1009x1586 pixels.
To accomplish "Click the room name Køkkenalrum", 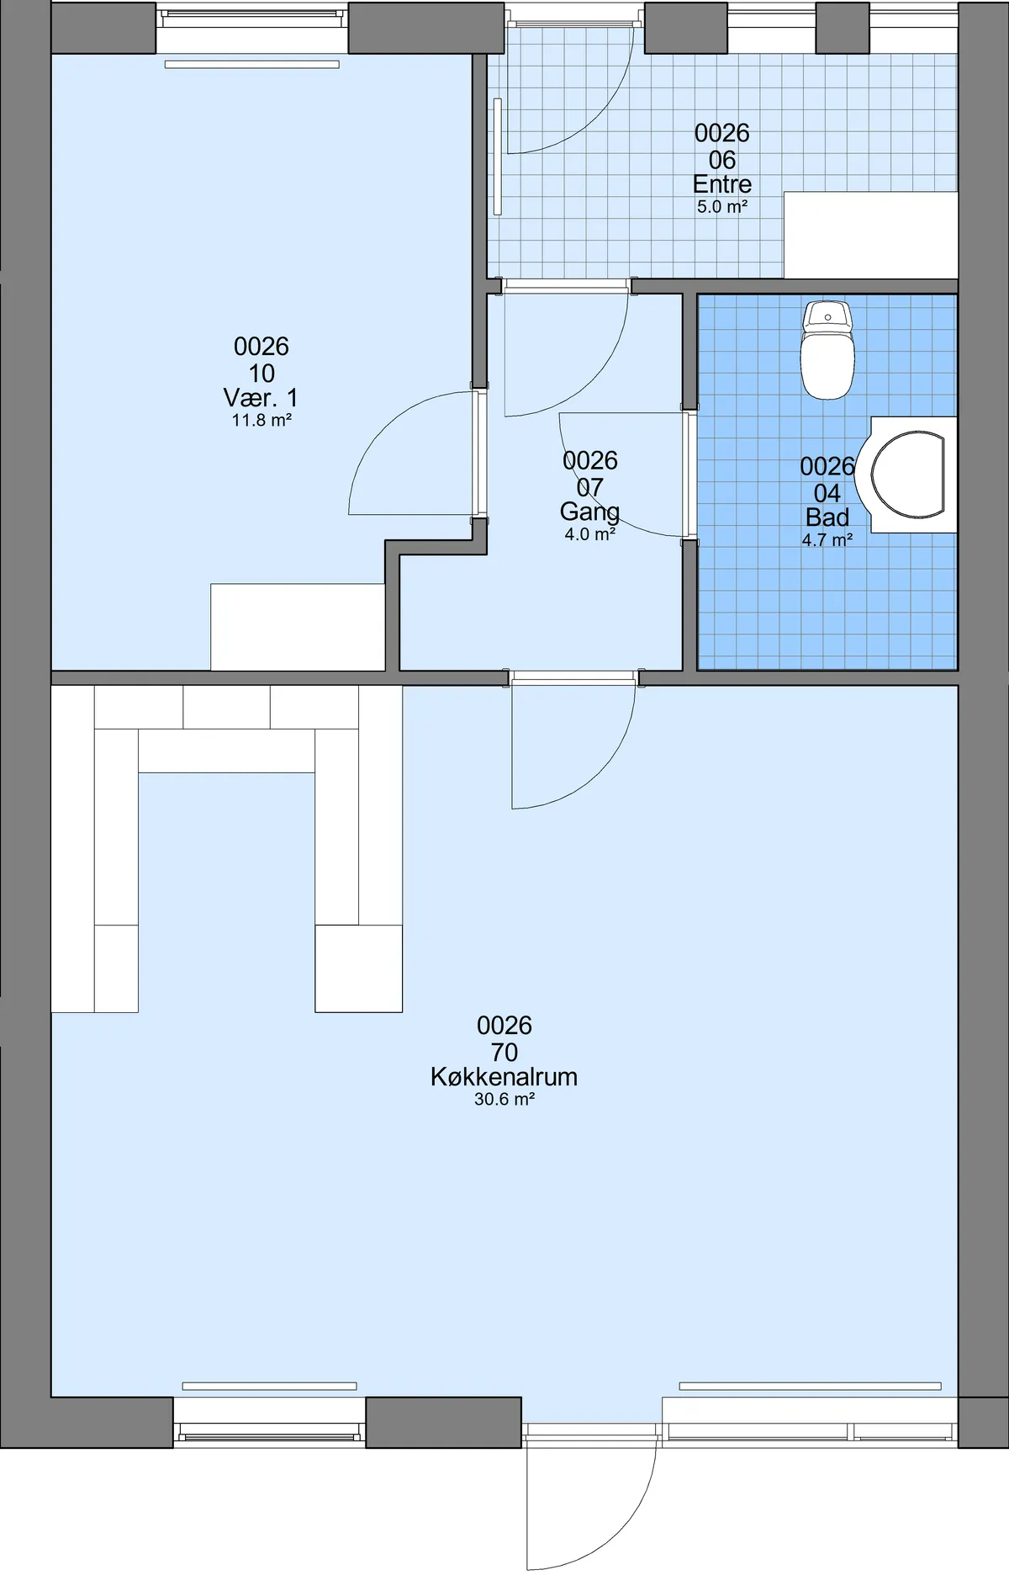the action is point(504,1077).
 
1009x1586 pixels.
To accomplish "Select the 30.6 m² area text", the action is point(504,1099).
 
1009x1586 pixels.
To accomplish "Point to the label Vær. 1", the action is point(261,397).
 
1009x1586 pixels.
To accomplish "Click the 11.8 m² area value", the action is point(261,420).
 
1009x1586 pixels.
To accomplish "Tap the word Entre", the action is point(722,184).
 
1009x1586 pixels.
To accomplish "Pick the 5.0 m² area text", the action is point(722,206).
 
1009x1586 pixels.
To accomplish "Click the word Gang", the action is point(589,512).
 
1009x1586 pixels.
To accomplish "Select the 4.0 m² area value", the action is point(590,534).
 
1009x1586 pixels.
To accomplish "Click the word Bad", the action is point(827,517).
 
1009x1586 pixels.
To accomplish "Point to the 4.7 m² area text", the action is point(827,540).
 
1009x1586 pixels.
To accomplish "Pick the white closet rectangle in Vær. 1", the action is point(298,627).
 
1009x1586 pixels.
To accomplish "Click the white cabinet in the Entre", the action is point(871,235).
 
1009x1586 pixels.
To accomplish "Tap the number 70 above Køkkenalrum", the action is point(504,1052).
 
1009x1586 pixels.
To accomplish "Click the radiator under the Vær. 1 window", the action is point(252,64).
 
